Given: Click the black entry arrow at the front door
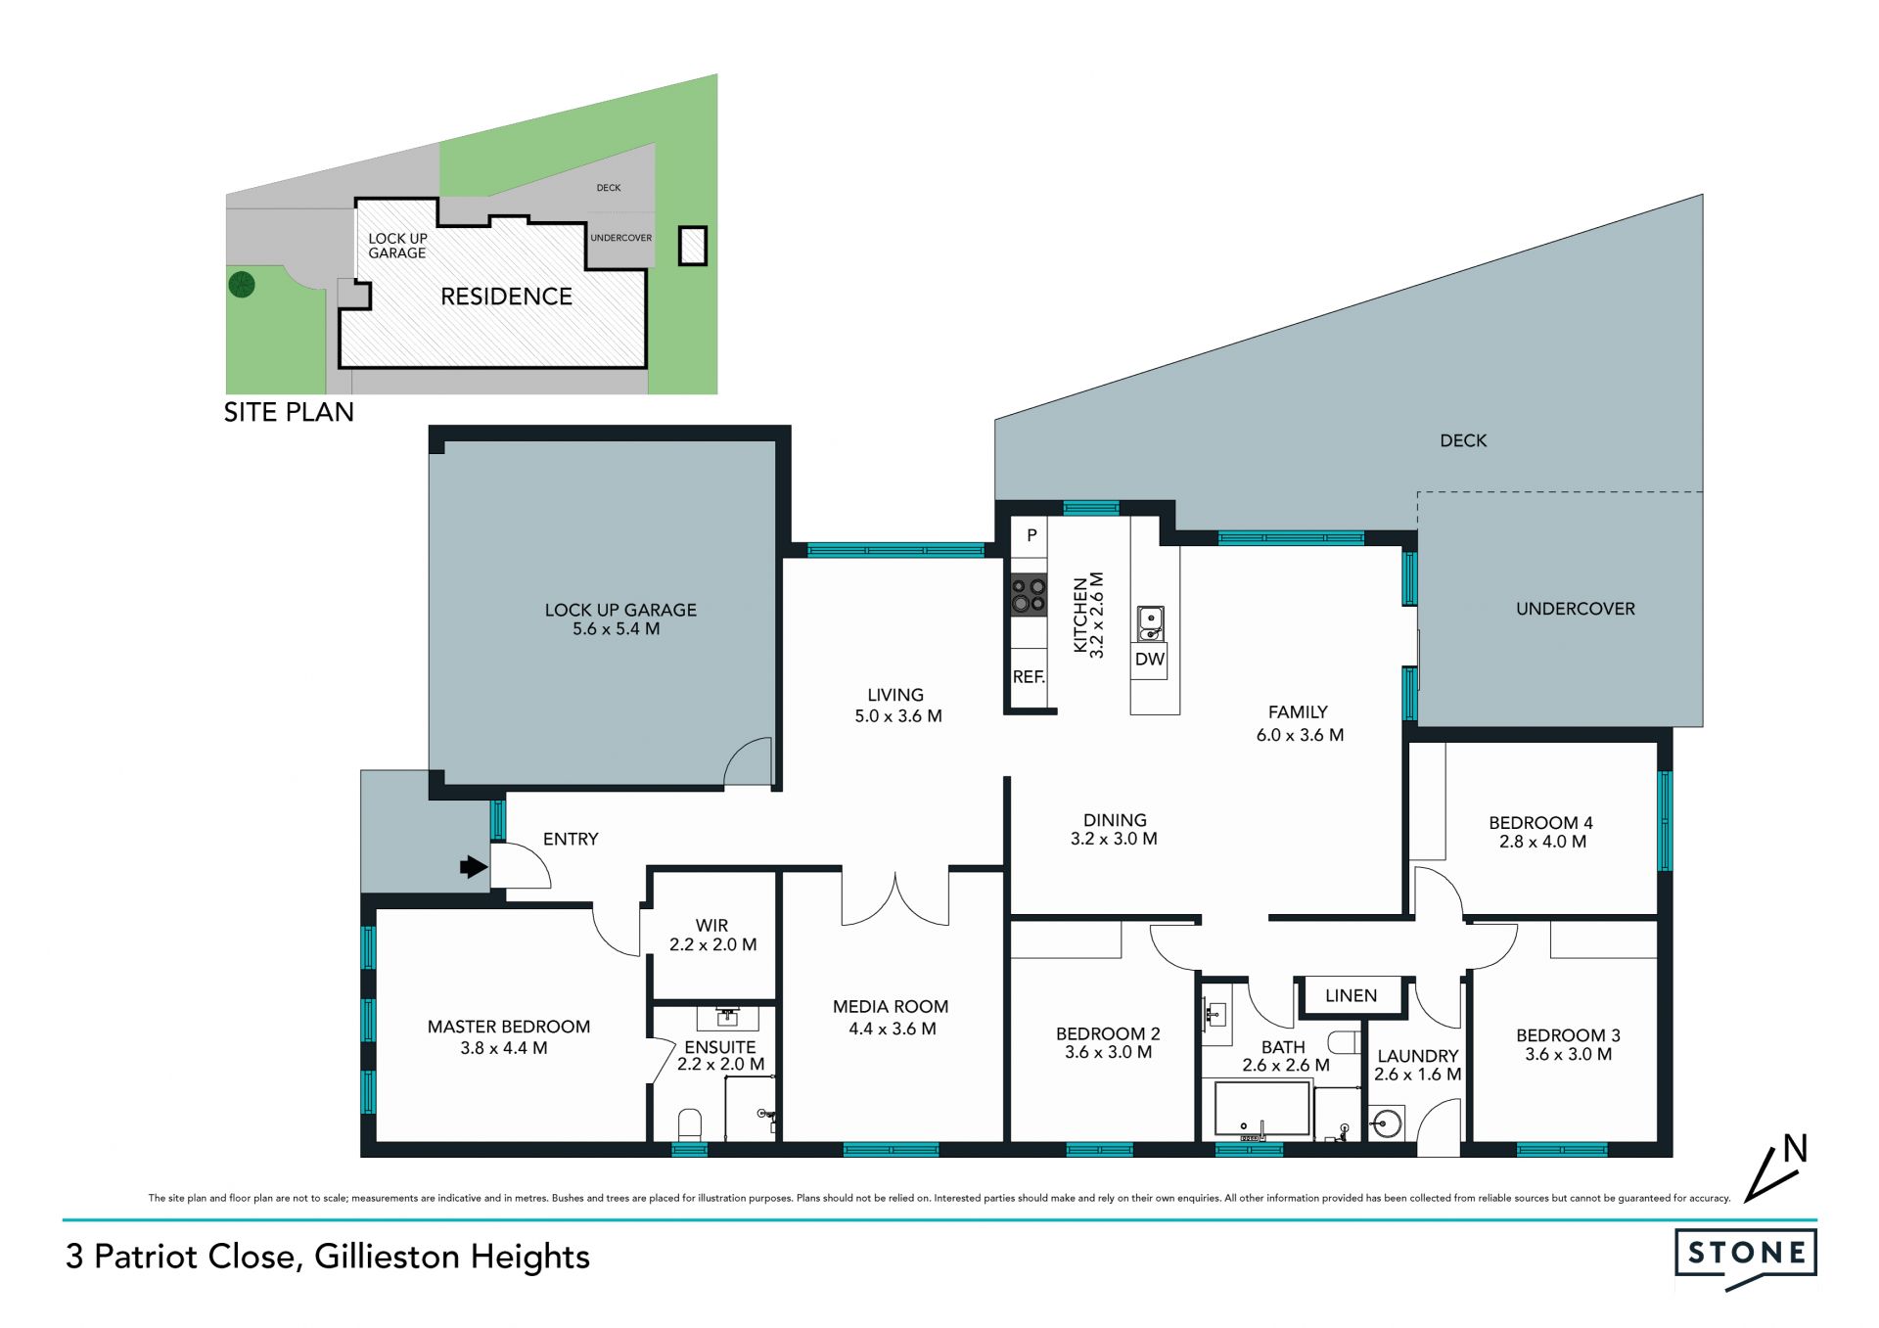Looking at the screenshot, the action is click(x=475, y=866).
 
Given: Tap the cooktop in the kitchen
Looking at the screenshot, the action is click(x=1029, y=595).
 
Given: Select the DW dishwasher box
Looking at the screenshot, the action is click(x=1150, y=660).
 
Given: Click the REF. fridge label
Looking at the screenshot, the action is click(x=1029, y=676).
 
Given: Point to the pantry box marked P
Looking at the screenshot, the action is click(x=1030, y=536).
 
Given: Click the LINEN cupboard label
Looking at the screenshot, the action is click(x=1351, y=995).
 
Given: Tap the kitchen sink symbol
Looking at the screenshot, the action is click(x=1150, y=623).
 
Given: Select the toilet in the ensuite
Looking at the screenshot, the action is click(x=690, y=1124).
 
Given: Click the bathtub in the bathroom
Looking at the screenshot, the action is click(x=1261, y=1110).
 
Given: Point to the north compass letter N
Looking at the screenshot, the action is click(x=1795, y=1148).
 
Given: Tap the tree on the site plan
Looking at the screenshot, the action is click(x=242, y=285).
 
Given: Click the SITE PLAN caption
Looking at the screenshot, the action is click(x=289, y=412).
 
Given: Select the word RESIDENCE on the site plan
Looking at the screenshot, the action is click(x=506, y=297).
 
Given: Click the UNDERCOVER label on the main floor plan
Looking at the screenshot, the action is click(x=1576, y=609).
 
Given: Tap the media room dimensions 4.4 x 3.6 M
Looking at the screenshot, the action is click(x=892, y=1029).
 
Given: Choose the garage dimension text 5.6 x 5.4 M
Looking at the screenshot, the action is click(x=617, y=629).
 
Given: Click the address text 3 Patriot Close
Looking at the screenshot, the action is click(x=181, y=1257).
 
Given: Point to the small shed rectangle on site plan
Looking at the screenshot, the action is click(x=693, y=246).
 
